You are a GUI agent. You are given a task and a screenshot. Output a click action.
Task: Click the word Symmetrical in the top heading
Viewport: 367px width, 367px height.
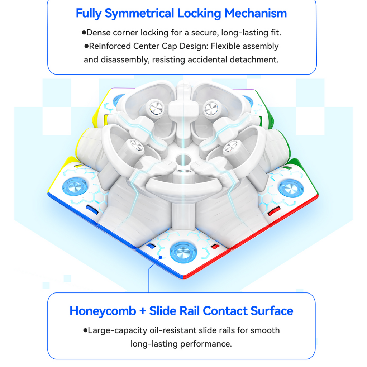click(x=139, y=13)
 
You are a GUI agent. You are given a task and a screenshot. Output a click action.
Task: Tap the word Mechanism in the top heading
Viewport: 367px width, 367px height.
click(x=256, y=13)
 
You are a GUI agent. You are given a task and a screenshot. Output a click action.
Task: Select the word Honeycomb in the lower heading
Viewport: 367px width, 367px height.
click(x=103, y=311)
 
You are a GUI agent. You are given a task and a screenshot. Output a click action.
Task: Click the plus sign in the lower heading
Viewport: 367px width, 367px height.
click(x=143, y=311)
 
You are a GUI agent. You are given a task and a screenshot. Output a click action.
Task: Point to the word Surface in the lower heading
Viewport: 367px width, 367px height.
click(x=272, y=311)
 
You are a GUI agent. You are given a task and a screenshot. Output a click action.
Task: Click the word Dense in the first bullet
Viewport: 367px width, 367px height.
click(x=98, y=33)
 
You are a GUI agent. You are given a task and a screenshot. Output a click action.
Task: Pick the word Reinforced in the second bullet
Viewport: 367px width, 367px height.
click(x=110, y=46)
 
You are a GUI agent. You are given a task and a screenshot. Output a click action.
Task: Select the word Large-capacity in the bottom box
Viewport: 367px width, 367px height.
click(x=118, y=330)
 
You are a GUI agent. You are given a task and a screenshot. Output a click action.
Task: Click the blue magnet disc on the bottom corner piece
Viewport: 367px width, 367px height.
click(x=183, y=253)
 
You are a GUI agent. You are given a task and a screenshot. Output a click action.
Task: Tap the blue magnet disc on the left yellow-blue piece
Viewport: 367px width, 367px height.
click(x=75, y=187)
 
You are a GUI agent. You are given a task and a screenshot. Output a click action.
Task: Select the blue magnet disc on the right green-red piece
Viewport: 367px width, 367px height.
click(x=291, y=188)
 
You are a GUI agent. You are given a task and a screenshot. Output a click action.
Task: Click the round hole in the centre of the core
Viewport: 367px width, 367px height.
click(x=183, y=160)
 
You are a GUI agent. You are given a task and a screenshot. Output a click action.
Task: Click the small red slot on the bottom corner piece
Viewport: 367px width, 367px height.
click(x=215, y=246)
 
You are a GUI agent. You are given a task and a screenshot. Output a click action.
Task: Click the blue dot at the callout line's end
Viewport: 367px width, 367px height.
click(x=160, y=257)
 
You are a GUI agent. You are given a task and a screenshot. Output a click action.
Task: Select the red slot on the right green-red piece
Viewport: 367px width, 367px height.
click(x=274, y=211)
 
